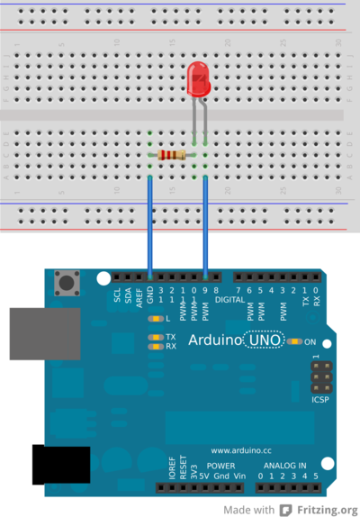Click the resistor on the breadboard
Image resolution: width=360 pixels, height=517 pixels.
(x=173, y=156)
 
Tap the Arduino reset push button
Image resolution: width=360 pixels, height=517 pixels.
(x=66, y=284)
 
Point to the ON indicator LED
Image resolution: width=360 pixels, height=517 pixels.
(x=295, y=342)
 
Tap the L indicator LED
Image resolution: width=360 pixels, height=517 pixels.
(x=156, y=319)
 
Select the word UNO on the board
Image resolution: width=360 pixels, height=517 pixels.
(x=265, y=341)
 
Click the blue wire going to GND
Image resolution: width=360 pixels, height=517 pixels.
(x=149, y=225)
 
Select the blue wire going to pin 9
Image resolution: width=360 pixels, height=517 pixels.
(x=206, y=225)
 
